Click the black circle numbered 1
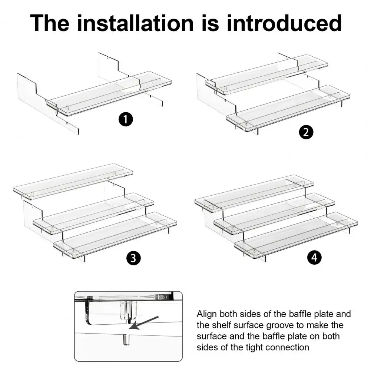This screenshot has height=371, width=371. [126, 119]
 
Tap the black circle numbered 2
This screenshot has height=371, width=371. [306, 132]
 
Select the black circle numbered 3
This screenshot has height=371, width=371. [133, 258]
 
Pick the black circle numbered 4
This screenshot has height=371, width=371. [314, 257]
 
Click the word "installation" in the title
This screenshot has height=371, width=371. [135, 23]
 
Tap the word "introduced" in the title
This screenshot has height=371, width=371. [284, 23]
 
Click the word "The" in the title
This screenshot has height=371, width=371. [50, 23]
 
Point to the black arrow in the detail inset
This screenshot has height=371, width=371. [144, 322]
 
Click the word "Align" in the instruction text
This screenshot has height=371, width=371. [207, 314]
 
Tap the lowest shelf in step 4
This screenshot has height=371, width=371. [296, 235]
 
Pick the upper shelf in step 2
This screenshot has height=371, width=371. [266, 75]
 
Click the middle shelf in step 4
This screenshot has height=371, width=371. [274, 213]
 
